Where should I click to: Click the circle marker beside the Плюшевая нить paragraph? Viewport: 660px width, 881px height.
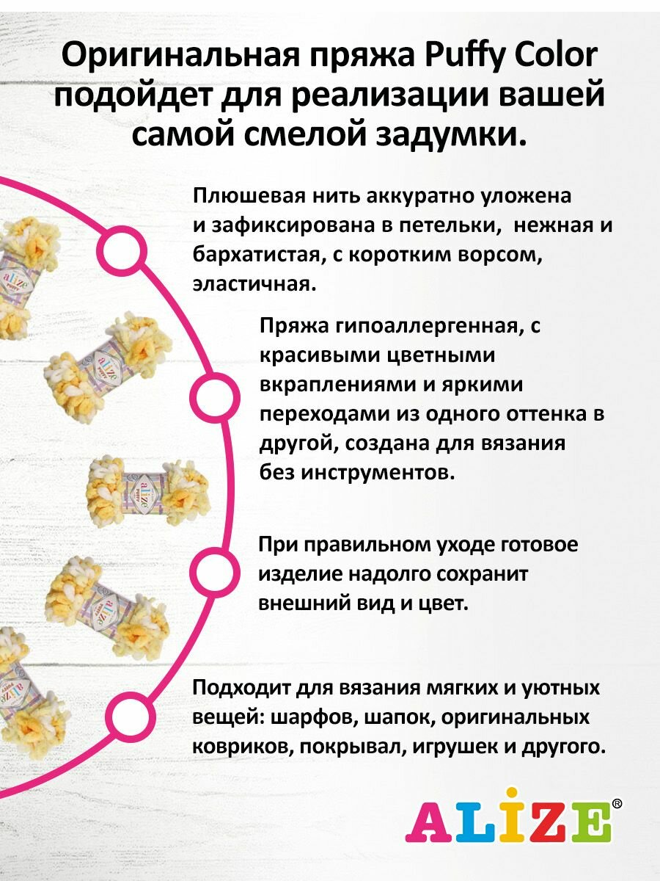[119, 253]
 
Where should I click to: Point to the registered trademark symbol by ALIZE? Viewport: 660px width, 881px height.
[617, 804]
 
